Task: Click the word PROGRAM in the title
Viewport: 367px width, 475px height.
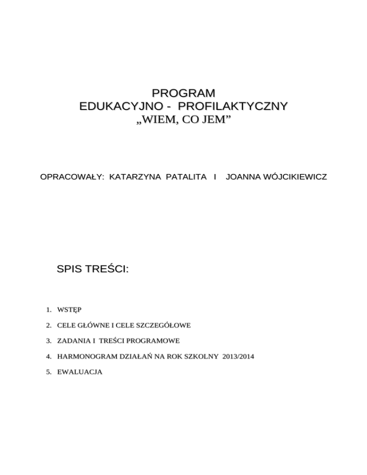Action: pyautogui.click(x=183, y=92)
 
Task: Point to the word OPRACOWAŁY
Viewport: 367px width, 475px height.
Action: pyautogui.click(x=73, y=177)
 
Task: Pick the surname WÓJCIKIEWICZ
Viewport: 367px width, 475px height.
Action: pyautogui.click(x=296, y=177)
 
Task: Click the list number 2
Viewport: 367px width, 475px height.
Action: pyautogui.click(x=49, y=325)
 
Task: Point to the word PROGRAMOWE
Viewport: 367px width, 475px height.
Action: pyautogui.click(x=153, y=341)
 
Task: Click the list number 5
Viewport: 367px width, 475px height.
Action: pyautogui.click(x=49, y=371)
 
